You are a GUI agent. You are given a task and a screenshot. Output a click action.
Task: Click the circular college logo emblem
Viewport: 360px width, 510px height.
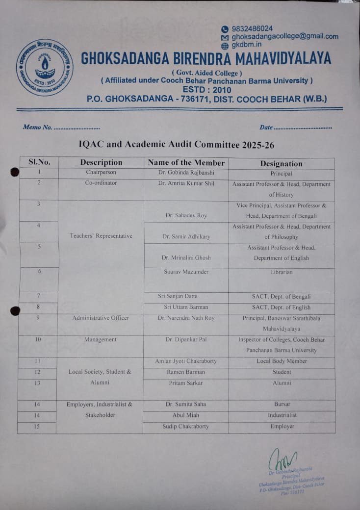pos(45,67)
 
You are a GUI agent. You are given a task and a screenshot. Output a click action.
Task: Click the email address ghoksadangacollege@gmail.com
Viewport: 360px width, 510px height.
pos(284,36)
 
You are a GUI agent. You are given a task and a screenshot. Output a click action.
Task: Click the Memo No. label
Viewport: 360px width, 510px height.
pos(38,127)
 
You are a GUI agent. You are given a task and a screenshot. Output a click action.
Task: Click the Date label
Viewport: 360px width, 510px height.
pos(266,127)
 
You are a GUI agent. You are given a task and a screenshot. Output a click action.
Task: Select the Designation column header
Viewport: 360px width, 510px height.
pos(281,164)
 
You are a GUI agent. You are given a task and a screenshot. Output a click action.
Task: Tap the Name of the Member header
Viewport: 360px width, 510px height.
pos(186,163)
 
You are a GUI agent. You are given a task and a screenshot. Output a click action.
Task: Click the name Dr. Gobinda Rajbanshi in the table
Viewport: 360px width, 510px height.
pos(186,173)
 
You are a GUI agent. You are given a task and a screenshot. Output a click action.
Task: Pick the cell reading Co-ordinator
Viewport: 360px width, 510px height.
pos(101,183)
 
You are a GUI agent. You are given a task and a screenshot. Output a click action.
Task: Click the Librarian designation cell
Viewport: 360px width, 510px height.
pos(281,272)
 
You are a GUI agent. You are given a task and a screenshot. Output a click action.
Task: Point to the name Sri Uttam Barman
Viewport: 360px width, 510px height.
pos(186,307)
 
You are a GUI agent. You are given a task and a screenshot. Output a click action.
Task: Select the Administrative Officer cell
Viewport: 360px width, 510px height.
pos(101,318)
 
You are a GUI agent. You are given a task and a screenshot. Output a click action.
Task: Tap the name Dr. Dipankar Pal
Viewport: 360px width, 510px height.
pos(186,339)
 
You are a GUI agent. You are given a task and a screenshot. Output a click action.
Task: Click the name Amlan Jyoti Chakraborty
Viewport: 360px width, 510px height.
pos(186,361)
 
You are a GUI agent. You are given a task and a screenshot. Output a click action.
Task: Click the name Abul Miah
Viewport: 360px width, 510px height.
pos(186,415)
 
